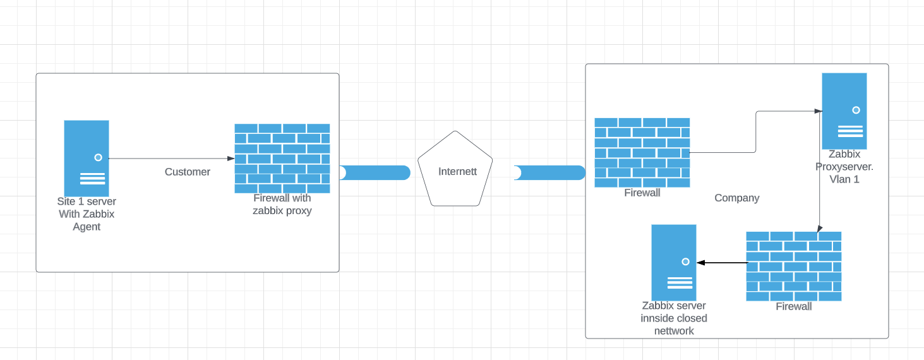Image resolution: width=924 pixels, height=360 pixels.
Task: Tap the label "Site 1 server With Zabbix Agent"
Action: tap(87, 214)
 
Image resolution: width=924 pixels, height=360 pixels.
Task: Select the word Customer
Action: tap(188, 172)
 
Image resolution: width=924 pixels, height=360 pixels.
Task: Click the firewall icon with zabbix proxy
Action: tap(282, 158)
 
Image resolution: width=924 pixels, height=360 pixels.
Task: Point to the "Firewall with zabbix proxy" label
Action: tap(282, 205)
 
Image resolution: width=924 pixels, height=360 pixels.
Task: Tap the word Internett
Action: tap(457, 171)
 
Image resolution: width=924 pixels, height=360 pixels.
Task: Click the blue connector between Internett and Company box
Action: tap(549, 172)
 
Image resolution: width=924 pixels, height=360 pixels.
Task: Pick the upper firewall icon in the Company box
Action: tap(642, 152)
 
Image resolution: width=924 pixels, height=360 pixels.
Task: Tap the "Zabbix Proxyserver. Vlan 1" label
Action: tap(844, 167)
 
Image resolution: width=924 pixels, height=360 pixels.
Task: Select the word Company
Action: tap(736, 198)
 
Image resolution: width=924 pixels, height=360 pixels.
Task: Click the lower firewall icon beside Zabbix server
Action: tap(793, 266)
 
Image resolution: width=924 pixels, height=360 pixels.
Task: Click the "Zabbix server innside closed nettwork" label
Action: tap(674, 318)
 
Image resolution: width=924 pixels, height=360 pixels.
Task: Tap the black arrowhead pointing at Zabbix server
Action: tap(700, 262)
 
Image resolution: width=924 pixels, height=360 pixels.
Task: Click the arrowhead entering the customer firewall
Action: tap(231, 159)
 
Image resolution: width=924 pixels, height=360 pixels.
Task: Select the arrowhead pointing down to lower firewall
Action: tap(820, 229)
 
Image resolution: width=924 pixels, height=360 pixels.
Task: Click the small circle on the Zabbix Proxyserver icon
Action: tap(856, 110)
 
